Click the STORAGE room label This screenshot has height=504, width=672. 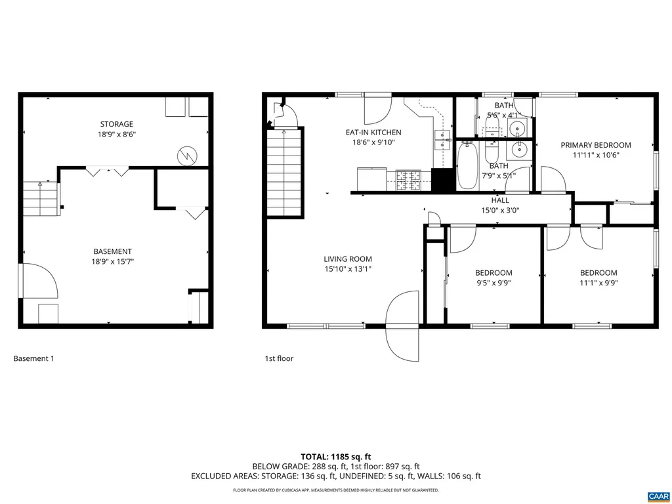tap(116, 124)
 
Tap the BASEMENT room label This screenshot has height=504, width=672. tap(112, 251)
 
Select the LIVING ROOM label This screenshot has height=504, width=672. tap(347, 259)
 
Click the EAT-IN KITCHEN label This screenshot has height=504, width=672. tap(373, 133)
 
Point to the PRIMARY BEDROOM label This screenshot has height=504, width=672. tap(595, 145)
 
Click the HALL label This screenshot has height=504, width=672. tap(500, 200)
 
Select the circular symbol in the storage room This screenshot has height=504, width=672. tap(186, 155)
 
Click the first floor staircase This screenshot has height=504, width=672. tap(284, 174)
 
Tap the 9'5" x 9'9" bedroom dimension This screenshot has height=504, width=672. tap(493, 283)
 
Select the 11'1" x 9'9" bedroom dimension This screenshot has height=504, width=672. tap(598, 283)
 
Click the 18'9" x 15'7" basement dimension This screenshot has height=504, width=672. tap(112, 262)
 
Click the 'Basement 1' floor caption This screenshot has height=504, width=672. tap(33, 359)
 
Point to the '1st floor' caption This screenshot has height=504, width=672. tap(279, 359)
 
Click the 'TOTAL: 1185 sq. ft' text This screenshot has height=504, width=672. tap(336, 456)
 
